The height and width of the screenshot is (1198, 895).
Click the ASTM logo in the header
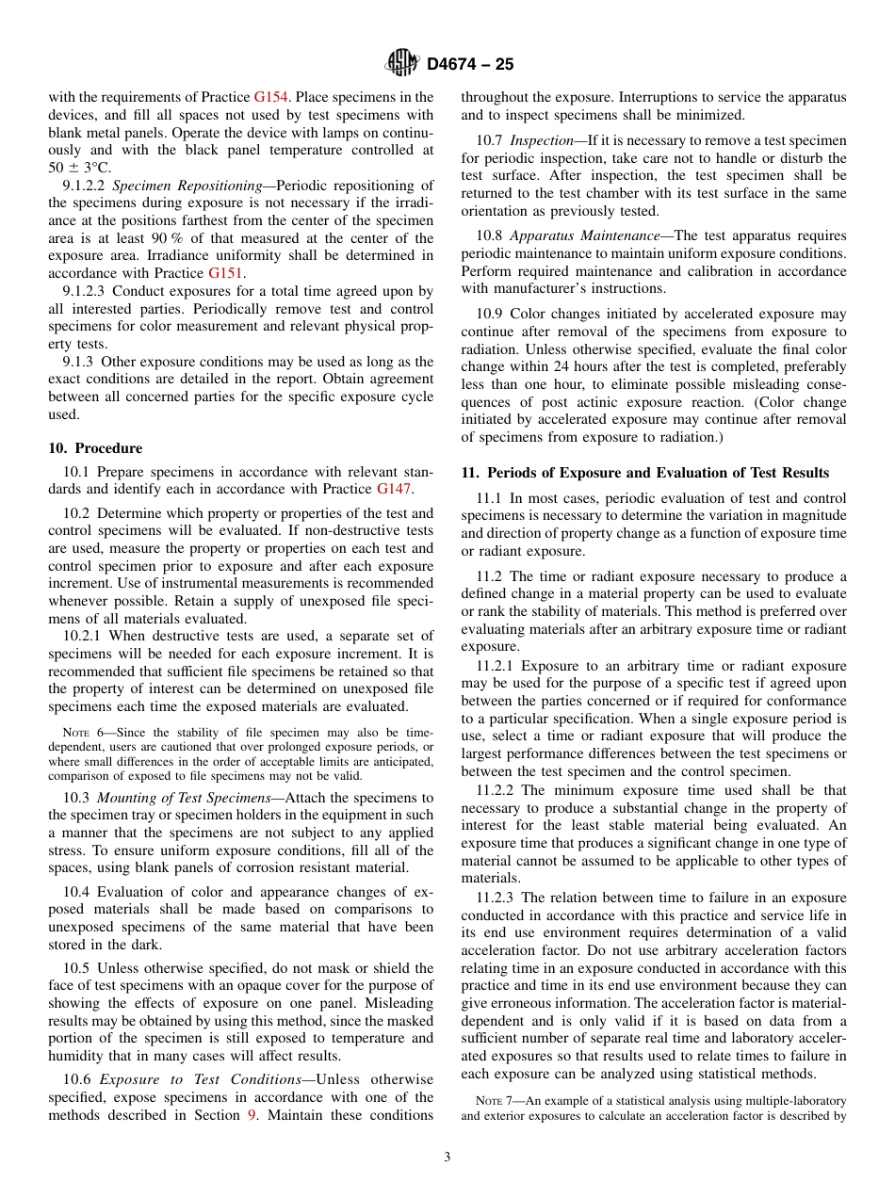tap(402, 64)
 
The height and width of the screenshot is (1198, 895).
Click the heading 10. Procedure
tap(95, 448)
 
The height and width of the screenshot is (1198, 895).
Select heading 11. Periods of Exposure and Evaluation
tap(644, 473)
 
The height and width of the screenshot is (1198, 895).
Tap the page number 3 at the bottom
tap(447, 1158)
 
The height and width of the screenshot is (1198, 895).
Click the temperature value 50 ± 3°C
tap(80, 168)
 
